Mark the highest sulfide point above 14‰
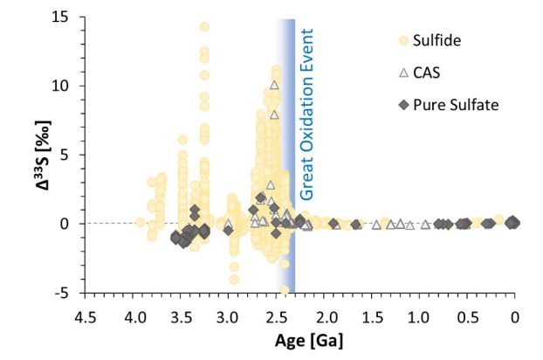click(x=204, y=27)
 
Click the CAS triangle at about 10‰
click(x=274, y=85)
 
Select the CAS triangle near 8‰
click(x=274, y=114)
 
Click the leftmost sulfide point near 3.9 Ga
click(x=140, y=222)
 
